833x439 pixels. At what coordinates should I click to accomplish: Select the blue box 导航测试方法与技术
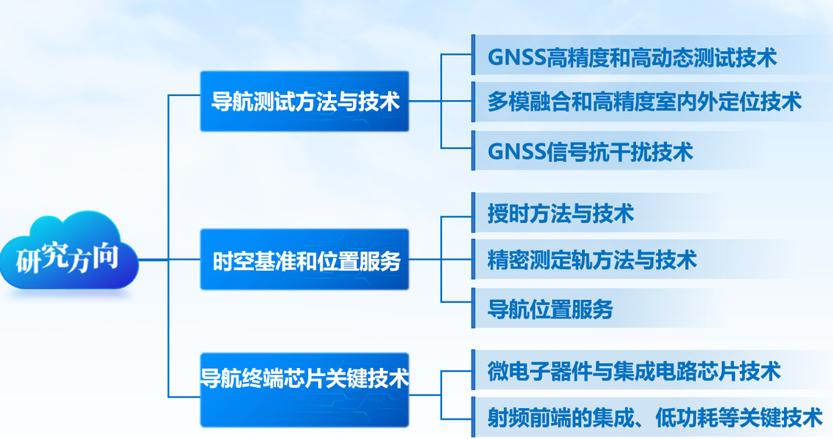click(305, 101)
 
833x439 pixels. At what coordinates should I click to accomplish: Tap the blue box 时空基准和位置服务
click(305, 260)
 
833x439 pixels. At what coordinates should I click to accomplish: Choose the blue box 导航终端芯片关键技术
click(305, 390)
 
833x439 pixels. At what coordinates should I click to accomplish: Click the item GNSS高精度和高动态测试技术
click(632, 57)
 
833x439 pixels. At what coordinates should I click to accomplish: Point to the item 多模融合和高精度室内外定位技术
click(644, 102)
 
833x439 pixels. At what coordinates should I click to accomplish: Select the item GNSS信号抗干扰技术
click(590, 151)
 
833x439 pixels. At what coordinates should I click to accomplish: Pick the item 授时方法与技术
click(561, 214)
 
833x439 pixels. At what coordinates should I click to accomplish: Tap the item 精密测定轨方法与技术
click(592, 260)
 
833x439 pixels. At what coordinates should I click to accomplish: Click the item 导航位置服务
click(550, 309)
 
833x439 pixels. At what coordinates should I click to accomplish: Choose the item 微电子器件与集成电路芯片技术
click(634, 370)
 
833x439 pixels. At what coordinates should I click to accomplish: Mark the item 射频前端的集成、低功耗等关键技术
click(655, 417)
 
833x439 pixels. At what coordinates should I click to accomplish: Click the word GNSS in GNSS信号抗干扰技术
click(516, 151)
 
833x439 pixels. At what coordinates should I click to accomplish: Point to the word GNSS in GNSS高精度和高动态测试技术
click(516, 58)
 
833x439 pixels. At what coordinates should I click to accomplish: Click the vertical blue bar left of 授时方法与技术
click(474, 212)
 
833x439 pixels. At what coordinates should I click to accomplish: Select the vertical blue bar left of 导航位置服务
click(474, 308)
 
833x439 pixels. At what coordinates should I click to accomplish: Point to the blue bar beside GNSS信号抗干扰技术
click(474, 151)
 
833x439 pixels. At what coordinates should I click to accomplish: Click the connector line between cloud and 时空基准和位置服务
click(169, 260)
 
